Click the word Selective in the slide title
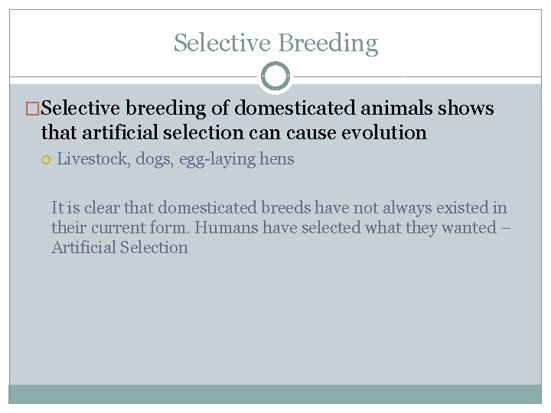222,43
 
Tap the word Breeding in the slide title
328,44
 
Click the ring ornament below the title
275,76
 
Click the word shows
466,109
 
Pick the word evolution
383,132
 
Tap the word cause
311,132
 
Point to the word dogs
153,160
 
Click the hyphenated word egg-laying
217,160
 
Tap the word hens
276,160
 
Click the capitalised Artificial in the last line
83,247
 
